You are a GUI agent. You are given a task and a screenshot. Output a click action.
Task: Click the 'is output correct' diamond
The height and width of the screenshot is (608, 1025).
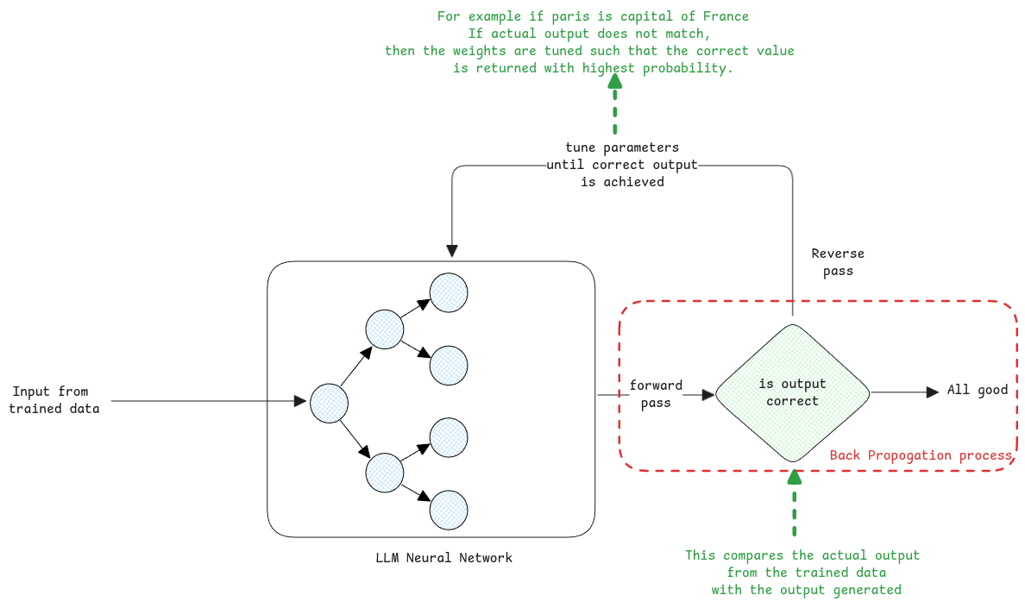click(x=793, y=392)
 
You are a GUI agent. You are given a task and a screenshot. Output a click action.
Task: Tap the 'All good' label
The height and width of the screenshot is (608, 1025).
click(x=977, y=390)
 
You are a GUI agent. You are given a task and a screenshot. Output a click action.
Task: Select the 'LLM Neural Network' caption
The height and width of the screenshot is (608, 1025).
click(x=443, y=558)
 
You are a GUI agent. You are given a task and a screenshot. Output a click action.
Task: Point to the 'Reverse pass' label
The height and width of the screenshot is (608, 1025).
click(x=838, y=262)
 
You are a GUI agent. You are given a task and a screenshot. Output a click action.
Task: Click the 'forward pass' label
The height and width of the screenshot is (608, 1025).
click(x=656, y=393)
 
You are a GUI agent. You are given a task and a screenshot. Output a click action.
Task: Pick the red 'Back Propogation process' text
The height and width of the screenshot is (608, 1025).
click(x=920, y=455)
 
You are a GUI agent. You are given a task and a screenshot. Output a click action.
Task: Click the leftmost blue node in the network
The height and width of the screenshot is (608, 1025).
click(x=329, y=403)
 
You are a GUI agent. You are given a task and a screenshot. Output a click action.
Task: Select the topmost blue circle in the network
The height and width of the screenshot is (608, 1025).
click(x=449, y=292)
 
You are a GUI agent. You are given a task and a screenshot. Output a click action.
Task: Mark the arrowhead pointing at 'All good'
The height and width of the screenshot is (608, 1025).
click(x=933, y=392)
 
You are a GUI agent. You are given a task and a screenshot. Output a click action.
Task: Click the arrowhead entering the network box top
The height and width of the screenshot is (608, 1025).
click(x=452, y=251)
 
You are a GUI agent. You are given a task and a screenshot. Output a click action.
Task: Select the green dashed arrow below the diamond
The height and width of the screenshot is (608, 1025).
click(x=794, y=504)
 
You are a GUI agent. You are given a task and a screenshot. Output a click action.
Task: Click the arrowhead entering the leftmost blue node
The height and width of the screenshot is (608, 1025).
click(x=301, y=401)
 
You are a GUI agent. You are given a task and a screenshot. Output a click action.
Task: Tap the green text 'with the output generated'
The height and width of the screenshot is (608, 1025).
click(x=806, y=590)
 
